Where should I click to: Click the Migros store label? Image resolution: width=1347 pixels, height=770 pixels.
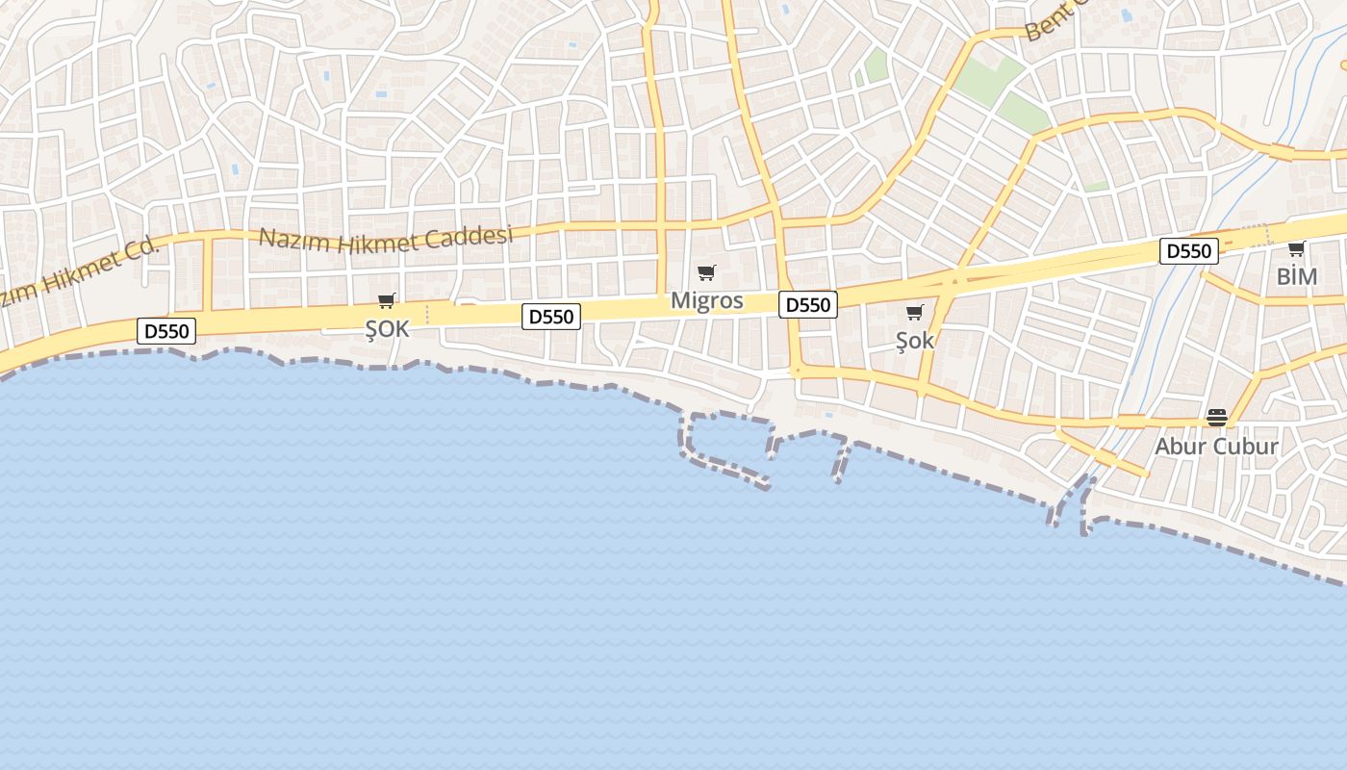tap(706, 300)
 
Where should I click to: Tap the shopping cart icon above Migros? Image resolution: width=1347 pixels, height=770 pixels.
tap(706, 273)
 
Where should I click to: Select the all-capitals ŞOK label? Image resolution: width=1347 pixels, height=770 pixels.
tap(387, 329)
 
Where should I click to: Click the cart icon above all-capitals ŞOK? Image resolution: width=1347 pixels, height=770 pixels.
tap(387, 301)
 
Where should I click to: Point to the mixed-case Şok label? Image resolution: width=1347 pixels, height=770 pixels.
tap(914, 340)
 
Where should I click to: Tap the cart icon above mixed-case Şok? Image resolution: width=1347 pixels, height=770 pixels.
tap(914, 312)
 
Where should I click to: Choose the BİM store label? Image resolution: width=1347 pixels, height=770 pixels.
tap(1296, 277)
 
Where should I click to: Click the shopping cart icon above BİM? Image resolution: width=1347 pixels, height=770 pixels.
tap(1296, 249)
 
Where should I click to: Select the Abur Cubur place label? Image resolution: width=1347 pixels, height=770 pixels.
tap(1216, 446)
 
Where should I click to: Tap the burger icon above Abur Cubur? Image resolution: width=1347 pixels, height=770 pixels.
tap(1216, 418)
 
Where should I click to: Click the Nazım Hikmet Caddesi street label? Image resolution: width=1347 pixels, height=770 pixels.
tap(386, 238)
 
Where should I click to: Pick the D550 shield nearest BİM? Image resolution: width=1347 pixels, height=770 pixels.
tap(1188, 251)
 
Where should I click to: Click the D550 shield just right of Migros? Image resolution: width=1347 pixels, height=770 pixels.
tap(807, 305)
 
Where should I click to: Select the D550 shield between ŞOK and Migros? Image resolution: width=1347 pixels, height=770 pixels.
tap(551, 317)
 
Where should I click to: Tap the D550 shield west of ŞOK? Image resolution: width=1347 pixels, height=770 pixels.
tap(166, 332)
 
